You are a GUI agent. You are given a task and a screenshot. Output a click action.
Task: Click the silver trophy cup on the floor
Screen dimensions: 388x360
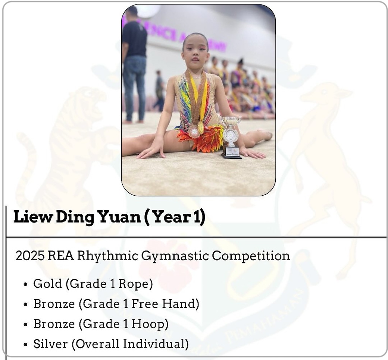coord(231,137)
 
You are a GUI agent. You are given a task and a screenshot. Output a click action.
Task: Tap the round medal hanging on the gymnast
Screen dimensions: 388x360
coord(194,131)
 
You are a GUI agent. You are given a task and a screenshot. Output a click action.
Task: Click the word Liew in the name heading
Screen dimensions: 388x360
coord(33,217)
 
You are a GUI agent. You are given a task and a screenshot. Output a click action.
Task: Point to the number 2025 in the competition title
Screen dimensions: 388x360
coord(30,256)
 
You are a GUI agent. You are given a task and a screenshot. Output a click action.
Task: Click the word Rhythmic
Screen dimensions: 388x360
coord(107,256)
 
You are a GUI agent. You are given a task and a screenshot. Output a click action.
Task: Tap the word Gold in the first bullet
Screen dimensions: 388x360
coord(47,284)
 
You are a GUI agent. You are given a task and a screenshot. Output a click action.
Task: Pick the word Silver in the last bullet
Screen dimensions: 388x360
coord(50,344)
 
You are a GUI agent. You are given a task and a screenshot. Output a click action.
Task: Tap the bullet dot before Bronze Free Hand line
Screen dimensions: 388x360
coord(25,304)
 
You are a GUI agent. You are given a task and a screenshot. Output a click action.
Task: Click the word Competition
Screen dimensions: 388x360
coord(251,256)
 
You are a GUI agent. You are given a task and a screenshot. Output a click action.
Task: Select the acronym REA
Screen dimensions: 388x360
coord(61,256)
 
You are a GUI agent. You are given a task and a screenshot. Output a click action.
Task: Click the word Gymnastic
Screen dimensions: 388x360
coord(175,256)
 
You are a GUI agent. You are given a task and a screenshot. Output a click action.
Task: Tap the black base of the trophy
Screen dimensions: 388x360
coord(231,152)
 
